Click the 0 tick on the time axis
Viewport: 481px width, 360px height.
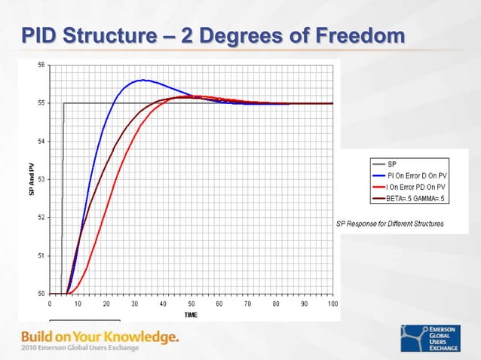tap(50, 304)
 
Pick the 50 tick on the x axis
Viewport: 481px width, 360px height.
tap(191, 304)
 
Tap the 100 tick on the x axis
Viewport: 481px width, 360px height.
tap(332, 304)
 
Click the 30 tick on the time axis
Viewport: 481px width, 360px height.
tap(135, 304)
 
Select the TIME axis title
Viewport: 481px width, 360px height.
tap(191, 314)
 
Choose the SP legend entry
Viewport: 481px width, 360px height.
tap(394, 163)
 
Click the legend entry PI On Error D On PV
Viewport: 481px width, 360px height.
tap(423, 175)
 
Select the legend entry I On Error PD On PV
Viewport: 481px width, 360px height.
tap(423, 187)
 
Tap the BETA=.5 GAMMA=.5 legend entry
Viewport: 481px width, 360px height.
tap(419, 199)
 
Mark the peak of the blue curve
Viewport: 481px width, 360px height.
tap(141, 80)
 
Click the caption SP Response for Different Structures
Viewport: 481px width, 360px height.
tap(390, 224)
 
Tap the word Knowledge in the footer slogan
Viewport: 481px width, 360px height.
tap(140, 335)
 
